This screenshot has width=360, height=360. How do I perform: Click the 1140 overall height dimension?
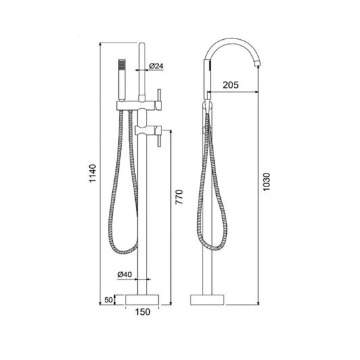tap(93, 174)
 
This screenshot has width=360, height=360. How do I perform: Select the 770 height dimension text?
tap(179, 197)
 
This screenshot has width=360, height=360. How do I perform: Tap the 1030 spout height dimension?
tap(266, 182)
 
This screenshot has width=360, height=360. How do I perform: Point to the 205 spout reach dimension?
tap(230, 85)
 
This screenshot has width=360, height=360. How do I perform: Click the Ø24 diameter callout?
tap(156, 66)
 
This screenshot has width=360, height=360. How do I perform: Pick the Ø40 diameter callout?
tap(125, 274)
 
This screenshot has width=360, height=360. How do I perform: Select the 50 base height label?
tap(109, 300)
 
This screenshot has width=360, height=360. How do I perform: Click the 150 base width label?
tap(143, 312)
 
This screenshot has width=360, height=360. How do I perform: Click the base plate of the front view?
tap(143, 300)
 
